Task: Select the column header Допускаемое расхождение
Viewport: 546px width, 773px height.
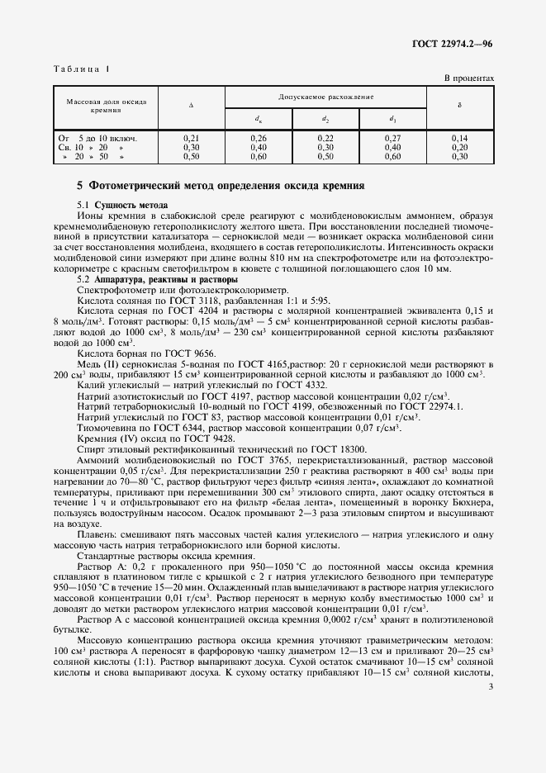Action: click(x=325, y=97)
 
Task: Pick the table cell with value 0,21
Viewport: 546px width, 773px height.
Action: click(x=191, y=137)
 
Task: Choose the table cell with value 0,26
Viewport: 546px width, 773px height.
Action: click(x=259, y=137)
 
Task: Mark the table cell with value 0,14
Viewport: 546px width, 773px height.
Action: click(x=460, y=137)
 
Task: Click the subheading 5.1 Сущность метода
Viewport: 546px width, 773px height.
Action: click(x=121, y=204)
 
